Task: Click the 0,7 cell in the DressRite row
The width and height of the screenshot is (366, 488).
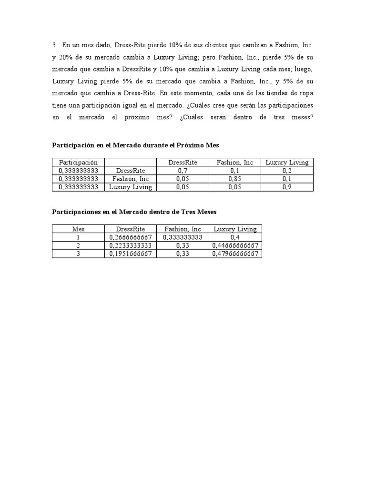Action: point(183,171)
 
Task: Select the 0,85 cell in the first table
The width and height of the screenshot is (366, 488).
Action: point(235,179)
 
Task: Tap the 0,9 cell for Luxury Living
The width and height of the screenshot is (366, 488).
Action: point(287,187)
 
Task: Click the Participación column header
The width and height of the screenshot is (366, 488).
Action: point(78,163)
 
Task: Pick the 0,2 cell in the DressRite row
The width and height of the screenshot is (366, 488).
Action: point(287,171)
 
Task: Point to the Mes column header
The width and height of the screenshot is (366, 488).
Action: point(78,229)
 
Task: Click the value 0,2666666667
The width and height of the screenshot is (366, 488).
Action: point(131,237)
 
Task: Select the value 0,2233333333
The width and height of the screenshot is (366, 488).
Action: point(131,245)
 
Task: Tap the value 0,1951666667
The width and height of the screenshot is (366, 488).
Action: point(131,254)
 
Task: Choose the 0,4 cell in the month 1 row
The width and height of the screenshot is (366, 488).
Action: point(235,237)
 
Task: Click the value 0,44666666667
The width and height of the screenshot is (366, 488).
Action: point(235,245)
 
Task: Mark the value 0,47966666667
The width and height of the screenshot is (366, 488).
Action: point(235,254)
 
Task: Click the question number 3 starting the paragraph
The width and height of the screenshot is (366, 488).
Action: point(54,45)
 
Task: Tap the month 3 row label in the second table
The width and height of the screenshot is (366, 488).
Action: point(78,254)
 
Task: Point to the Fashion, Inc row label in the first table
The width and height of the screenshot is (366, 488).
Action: point(130,179)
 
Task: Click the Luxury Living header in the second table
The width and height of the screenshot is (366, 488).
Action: point(235,229)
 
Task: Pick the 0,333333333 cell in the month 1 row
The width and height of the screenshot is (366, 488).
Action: point(183,237)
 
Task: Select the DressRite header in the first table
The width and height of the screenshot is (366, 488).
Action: point(183,163)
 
